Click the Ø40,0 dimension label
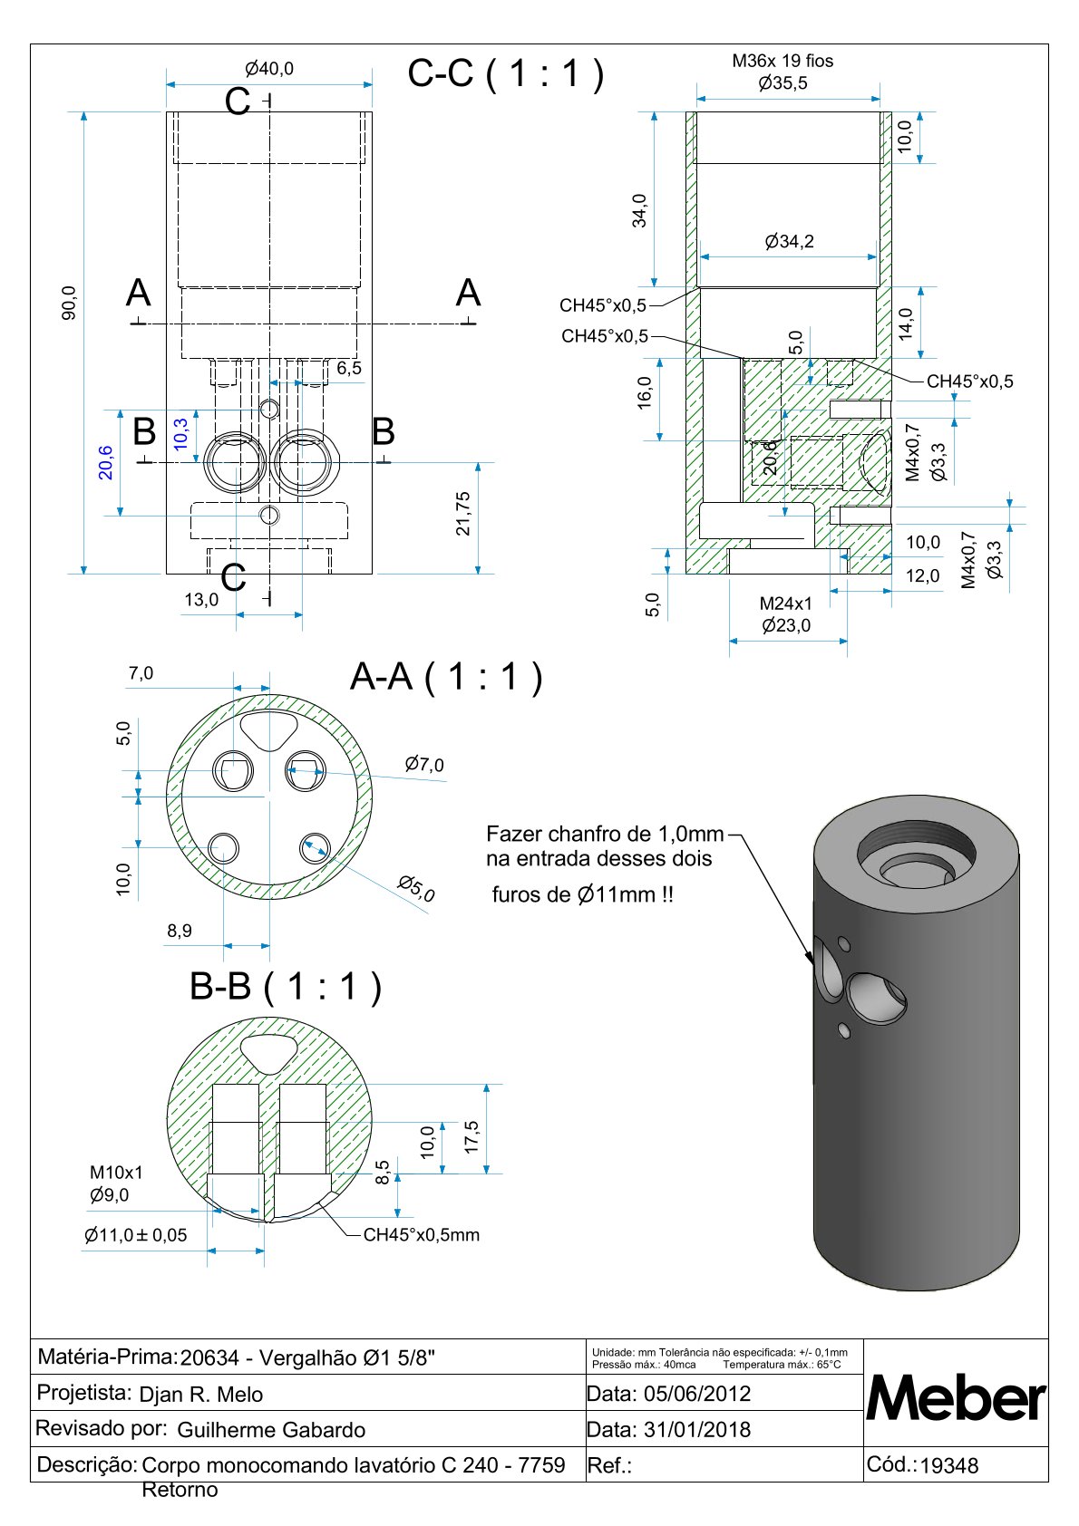pos(269,69)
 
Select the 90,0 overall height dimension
pos(70,304)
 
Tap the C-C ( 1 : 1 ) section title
pos(506,72)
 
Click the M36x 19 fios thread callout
pos(783,61)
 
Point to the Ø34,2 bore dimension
pos(790,242)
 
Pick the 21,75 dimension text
pos(462,514)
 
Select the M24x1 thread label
pos(786,604)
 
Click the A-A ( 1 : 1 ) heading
pos(446,677)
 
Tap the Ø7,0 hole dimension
pos(424,764)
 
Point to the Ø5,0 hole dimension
pos(416,888)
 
